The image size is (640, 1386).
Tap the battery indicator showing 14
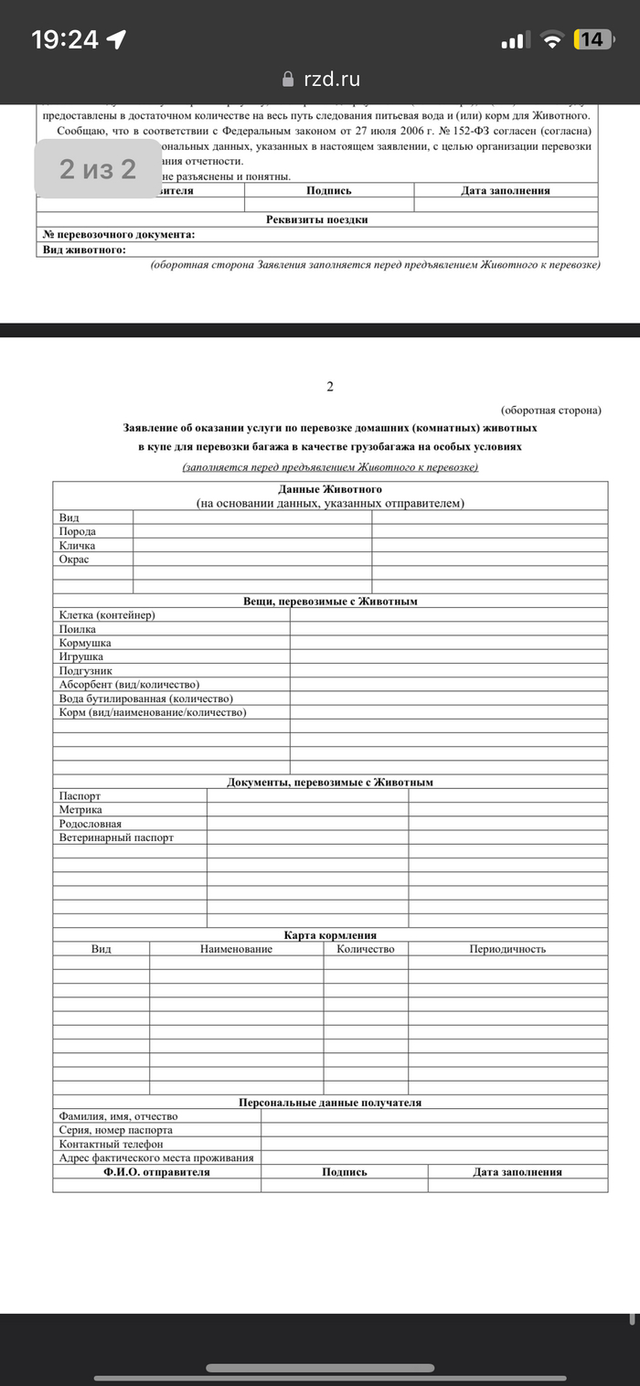click(592, 39)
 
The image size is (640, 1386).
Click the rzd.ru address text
click(332, 80)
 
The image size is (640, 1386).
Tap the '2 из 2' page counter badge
click(98, 168)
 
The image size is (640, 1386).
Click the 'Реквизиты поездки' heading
click(316, 219)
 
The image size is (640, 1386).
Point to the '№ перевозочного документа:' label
click(119, 235)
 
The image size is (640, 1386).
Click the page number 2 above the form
click(330, 387)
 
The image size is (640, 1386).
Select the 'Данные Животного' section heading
click(330, 489)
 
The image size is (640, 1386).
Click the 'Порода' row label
click(78, 531)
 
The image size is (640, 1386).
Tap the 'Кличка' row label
click(78, 545)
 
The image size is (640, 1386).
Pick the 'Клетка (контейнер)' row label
click(107, 614)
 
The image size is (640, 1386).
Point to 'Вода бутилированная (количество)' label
click(139, 698)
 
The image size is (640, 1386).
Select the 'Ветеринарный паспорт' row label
click(116, 837)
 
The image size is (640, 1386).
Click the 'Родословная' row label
click(91, 824)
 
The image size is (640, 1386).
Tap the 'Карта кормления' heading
click(330, 935)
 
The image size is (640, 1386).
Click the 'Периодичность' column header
click(507, 949)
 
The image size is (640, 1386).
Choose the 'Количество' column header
click(366, 949)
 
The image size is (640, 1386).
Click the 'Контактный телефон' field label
click(111, 1144)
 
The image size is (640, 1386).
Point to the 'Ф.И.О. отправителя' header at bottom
click(156, 1172)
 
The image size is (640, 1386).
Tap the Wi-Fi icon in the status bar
click(551, 39)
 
